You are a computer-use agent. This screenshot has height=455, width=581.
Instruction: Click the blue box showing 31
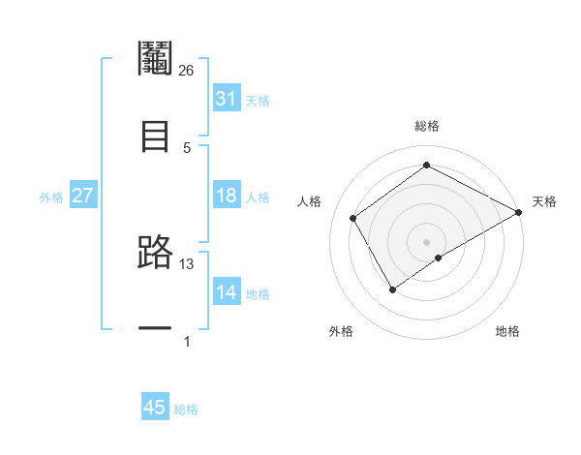coord(226,99)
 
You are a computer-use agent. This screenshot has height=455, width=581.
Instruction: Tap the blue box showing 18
coord(226,196)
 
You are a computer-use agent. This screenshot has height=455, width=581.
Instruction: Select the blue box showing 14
coord(226,292)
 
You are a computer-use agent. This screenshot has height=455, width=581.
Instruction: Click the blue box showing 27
coord(82,196)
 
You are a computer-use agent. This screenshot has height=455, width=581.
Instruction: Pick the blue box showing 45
coord(155,408)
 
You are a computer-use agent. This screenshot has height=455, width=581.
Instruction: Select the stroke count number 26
coord(186,70)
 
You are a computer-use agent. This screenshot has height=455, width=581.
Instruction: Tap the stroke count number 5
coord(187,147)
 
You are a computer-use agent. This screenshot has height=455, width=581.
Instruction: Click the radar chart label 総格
coord(427,126)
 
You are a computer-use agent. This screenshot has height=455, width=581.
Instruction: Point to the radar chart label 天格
coord(545,201)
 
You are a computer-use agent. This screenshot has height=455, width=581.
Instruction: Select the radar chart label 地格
coord(507,331)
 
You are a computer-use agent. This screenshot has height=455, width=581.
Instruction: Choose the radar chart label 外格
coord(341,331)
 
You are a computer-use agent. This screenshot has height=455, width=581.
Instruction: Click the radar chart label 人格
coord(310,201)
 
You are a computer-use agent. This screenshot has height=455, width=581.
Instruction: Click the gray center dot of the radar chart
coord(427,241)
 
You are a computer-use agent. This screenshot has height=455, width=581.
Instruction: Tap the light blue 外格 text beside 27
coord(51,197)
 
